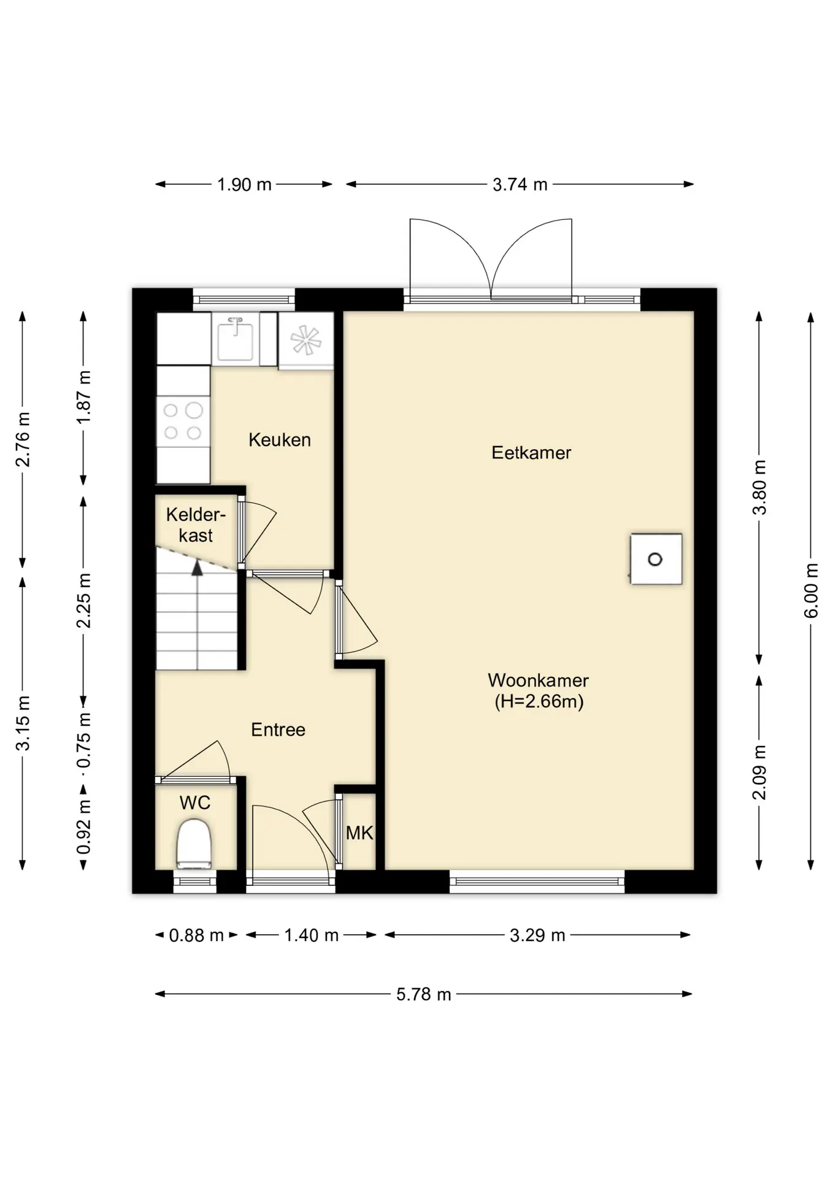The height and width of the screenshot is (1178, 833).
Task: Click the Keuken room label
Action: [x=280, y=440]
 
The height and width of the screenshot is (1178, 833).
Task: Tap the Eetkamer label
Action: [x=531, y=453]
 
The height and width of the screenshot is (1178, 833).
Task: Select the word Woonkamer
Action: [x=539, y=680]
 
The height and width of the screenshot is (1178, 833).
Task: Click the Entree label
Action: [x=278, y=730]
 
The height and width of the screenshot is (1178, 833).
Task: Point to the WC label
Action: [x=195, y=803]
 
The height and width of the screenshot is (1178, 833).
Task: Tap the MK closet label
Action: [x=359, y=833]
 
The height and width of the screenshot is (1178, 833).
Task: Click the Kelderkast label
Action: [x=196, y=525]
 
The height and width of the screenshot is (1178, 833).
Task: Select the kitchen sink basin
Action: [x=236, y=339]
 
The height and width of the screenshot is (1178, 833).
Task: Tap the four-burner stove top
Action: [x=183, y=422]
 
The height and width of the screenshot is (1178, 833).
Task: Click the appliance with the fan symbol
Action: [x=306, y=341]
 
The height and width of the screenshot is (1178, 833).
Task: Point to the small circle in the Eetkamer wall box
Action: [x=655, y=559]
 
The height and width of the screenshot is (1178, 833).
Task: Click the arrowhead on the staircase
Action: [x=197, y=568]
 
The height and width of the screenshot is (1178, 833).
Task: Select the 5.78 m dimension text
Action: [x=424, y=994]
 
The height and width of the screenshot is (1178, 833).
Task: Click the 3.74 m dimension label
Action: [x=520, y=184]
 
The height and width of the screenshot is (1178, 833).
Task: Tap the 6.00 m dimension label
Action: [x=811, y=590]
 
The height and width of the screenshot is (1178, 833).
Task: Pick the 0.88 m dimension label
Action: [x=196, y=935]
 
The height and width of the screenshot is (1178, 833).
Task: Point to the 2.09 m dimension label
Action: [x=759, y=772]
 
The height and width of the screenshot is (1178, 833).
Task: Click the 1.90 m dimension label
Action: [x=244, y=184]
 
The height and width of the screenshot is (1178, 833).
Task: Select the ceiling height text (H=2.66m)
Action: [x=539, y=701]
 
